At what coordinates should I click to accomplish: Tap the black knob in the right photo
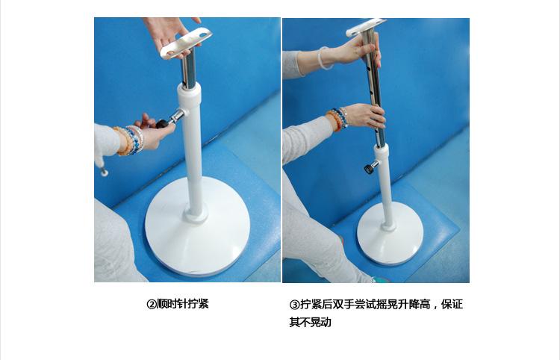tap(368, 169)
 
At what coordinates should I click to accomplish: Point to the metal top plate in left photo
tap(186, 43)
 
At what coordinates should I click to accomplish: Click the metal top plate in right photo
tap(366, 27)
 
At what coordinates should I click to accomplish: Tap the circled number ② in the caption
tap(152, 304)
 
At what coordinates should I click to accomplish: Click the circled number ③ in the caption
tap(294, 305)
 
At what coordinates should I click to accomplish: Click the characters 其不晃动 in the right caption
tap(310, 322)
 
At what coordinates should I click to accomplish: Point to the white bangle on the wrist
tap(324, 58)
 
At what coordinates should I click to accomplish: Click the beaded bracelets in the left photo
tap(130, 140)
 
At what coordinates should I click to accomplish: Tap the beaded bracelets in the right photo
tap(337, 119)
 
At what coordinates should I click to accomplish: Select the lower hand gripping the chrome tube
tap(364, 116)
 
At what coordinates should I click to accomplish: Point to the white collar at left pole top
tap(189, 96)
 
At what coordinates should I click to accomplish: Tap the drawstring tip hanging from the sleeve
tap(105, 173)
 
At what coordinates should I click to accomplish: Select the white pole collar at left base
tap(196, 214)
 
